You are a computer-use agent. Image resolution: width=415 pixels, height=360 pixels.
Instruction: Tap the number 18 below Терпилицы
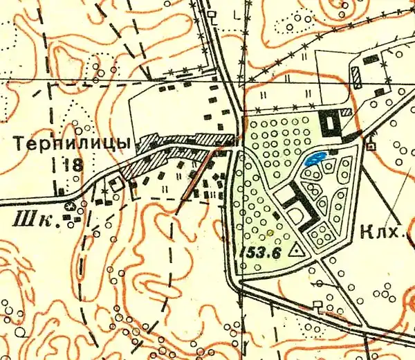pyautogui.click(x=72, y=165)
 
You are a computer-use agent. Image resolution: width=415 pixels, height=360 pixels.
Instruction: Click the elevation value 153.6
pyautogui.click(x=259, y=253)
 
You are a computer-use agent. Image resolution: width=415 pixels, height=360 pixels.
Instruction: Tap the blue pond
pyautogui.click(x=316, y=159)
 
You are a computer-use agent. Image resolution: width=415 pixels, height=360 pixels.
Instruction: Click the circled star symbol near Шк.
pyautogui.click(x=69, y=206)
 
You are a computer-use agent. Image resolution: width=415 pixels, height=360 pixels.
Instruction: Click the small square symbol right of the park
pyautogui.click(x=371, y=147)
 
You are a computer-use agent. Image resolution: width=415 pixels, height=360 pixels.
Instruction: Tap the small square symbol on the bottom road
pyautogui.click(x=317, y=305)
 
